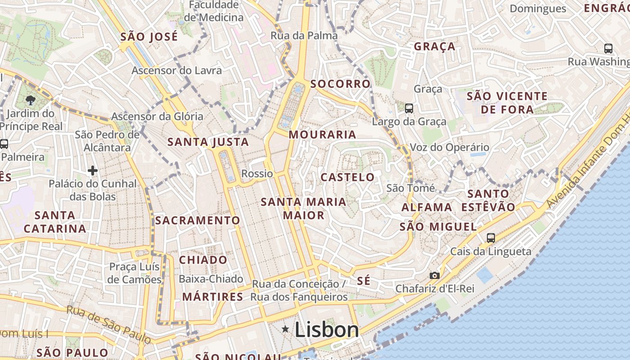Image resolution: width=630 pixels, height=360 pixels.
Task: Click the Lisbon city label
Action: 327,330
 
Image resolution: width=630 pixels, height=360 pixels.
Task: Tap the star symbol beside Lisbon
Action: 285,329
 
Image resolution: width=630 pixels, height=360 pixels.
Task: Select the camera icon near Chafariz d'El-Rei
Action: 434,275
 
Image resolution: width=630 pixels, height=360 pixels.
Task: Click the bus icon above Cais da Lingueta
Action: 490,238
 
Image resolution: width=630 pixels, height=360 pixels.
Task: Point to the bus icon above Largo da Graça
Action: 409,108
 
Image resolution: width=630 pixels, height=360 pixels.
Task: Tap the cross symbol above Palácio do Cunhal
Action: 93,171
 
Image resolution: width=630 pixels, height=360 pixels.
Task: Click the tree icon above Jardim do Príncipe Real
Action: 31,100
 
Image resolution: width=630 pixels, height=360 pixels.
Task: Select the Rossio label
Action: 257,174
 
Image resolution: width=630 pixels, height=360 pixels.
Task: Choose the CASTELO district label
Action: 347,177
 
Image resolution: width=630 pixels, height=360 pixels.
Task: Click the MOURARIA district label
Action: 322,135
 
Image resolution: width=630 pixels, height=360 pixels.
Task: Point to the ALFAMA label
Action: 427,207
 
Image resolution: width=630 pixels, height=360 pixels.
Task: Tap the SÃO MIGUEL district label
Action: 438,227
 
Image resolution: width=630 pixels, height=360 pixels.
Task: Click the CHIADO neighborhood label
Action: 203,260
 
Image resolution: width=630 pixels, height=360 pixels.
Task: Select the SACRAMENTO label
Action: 198,220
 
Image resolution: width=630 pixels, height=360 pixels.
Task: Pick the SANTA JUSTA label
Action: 208,142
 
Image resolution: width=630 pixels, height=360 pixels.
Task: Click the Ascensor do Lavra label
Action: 176,71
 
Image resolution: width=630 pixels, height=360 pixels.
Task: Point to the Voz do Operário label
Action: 449,147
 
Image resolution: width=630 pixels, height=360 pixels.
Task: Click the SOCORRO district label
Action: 340,84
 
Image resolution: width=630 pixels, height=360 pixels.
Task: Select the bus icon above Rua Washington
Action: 608,49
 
